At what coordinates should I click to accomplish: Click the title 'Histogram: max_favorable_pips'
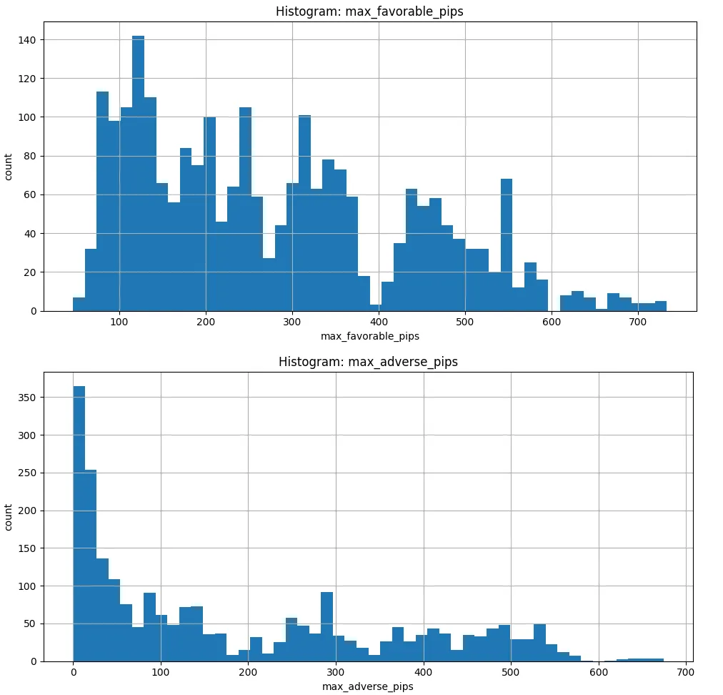coord(369,11)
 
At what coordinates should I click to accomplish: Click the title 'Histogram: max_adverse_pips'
coord(369,362)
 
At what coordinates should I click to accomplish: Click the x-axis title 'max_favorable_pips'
coord(369,336)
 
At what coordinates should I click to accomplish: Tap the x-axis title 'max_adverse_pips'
coord(369,686)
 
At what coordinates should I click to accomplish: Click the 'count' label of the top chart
coord(9,166)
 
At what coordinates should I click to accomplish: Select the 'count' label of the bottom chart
coord(9,517)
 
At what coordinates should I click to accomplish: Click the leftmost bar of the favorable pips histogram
coord(79,304)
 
